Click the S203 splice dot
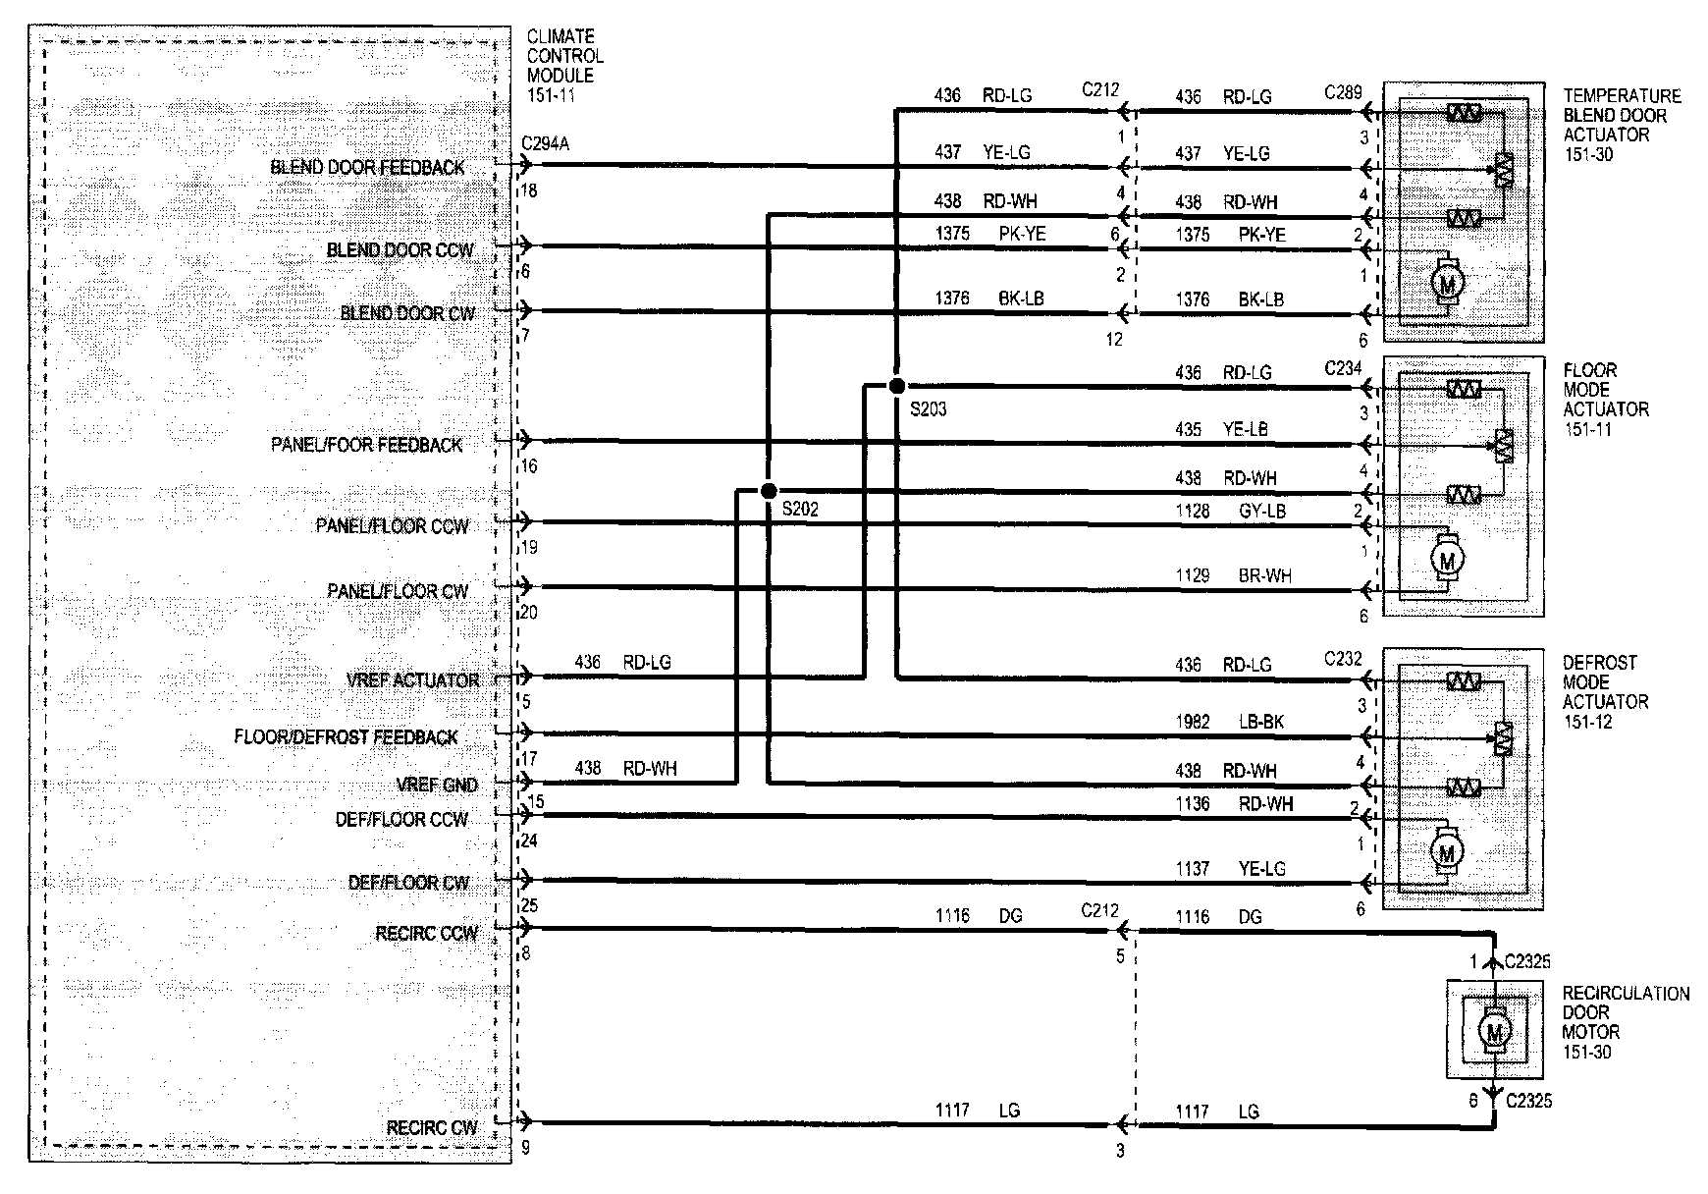click(x=896, y=386)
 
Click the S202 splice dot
click(x=769, y=491)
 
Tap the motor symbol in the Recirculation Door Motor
click(x=1494, y=1032)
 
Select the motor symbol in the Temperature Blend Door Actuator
click(x=1447, y=283)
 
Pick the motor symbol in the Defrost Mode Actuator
click(x=1446, y=852)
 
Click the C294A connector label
click(x=545, y=144)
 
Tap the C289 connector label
click(x=1343, y=93)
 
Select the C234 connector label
click(x=1343, y=368)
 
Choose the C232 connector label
click(x=1343, y=658)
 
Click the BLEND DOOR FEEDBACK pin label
click(x=367, y=168)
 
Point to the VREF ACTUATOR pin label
click(x=413, y=680)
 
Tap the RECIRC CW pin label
click(x=432, y=1128)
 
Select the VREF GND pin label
click(x=437, y=786)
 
